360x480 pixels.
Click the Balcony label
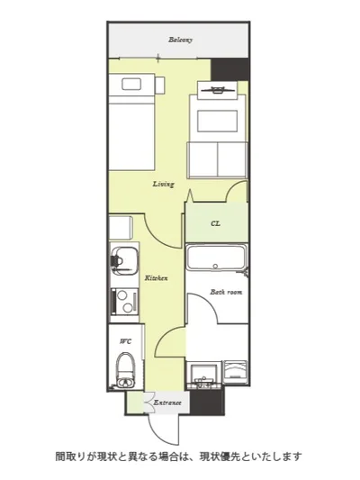pos(181,40)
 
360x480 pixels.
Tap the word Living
pos(163,184)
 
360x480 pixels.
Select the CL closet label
pos(215,223)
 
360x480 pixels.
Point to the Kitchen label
pos(156,278)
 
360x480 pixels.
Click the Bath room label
pos(226,292)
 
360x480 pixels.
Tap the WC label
pos(126,341)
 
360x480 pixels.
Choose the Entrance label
pos(167,403)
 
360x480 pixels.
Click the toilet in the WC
pos(126,370)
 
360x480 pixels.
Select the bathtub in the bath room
pos(216,258)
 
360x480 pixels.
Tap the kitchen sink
pos(123,261)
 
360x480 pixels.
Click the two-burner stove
pos(124,301)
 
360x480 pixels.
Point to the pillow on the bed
pos(131,84)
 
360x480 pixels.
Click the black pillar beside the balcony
pos(229,69)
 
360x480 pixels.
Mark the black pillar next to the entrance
pos(207,402)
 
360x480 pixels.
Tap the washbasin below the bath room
pos(203,375)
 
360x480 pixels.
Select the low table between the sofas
pos(218,122)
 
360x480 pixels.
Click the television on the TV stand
pos(218,90)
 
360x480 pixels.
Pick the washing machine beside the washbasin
pos(235,372)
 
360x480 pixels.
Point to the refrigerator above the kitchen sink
pos(121,228)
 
